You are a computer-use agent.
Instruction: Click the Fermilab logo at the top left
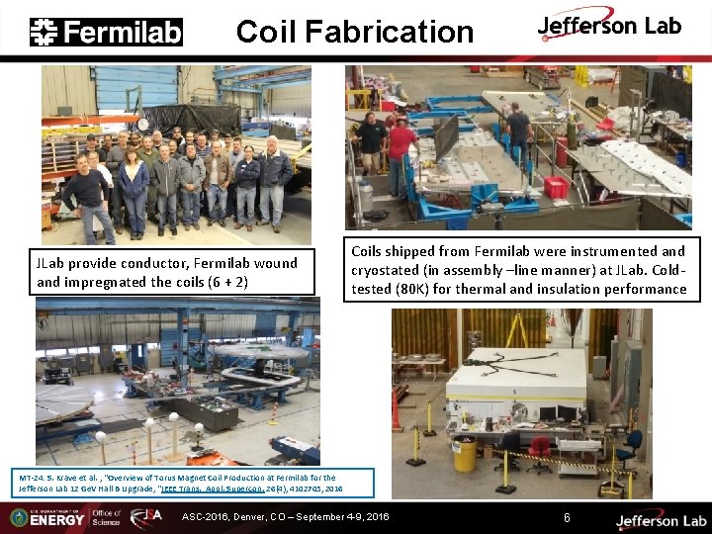click(x=107, y=32)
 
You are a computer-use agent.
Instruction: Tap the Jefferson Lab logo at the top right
click(x=609, y=28)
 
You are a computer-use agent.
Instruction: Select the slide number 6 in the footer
click(x=567, y=517)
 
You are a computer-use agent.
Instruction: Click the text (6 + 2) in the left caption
click(x=229, y=282)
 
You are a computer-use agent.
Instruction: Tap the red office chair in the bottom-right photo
click(x=540, y=451)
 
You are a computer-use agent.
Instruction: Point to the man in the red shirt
click(x=400, y=148)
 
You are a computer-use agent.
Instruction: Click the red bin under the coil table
click(x=556, y=186)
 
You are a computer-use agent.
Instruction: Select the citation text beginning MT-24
click(x=178, y=483)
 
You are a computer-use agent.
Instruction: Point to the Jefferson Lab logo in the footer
click(x=648, y=519)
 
